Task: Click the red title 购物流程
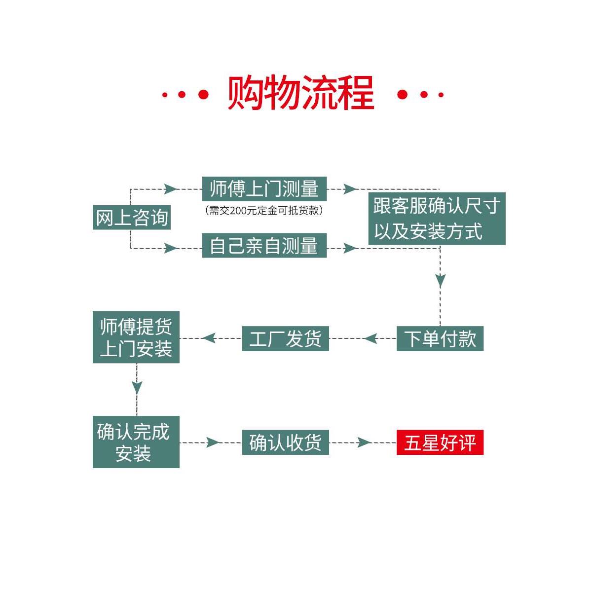pyautogui.click(x=301, y=93)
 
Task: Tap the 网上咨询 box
pyautogui.click(x=132, y=217)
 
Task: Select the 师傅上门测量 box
pyautogui.click(x=264, y=189)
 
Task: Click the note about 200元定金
pyautogui.click(x=264, y=211)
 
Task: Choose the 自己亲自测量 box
pyautogui.click(x=264, y=246)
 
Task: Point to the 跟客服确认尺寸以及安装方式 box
pyautogui.click(x=437, y=219)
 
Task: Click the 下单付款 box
pyautogui.click(x=440, y=339)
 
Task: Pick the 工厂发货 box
pyautogui.click(x=285, y=339)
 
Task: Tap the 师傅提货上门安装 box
pyautogui.click(x=136, y=337)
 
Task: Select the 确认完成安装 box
pyautogui.click(x=136, y=442)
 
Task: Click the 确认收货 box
pyautogui.click(x=285, y=443)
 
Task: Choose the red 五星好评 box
pyautogui.click(x=440, y=443)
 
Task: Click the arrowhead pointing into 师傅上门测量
pyautogui.click(x=171, y=189)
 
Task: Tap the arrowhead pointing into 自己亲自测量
pyautogui.click(x=171, y=248)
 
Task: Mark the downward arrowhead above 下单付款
pyautogui.click(x=440, y=280)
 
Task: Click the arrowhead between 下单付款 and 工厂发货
pyautogui.click(x=371, y=339)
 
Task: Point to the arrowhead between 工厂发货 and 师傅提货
pyautogui.click(x=209, y=338)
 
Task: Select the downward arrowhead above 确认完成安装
pyautogui.click(x=137, y=387)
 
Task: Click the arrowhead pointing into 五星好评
pyautogui.click(x=364, y=443)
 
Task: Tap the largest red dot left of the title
pyautogui.click(x=203, y=94)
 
